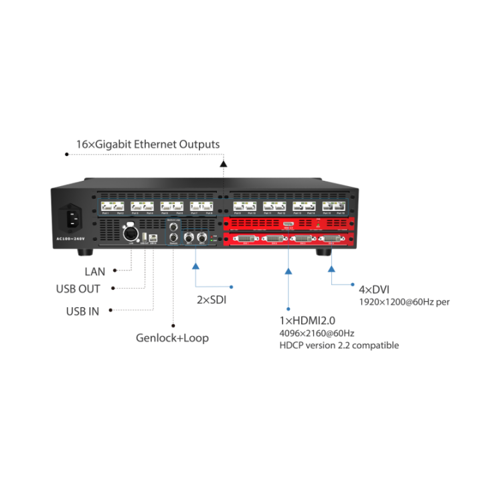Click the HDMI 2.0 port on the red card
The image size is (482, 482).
coord(288,224)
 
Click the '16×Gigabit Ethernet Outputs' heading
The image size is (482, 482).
coord(147,144)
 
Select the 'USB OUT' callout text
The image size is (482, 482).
coord(79,289)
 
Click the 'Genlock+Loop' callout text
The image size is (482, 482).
coord(173,339)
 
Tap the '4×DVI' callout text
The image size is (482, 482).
coord(374,290)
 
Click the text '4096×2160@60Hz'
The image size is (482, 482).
coord(317,333)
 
